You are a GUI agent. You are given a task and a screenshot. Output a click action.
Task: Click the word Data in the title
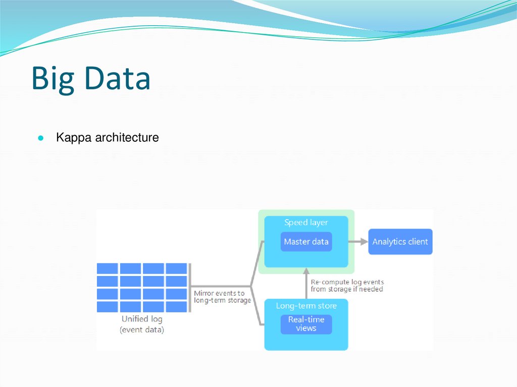[118, 78]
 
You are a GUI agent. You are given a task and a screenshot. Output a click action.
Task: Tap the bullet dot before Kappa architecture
[41, 138]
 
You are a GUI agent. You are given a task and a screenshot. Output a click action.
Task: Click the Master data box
[306, 242]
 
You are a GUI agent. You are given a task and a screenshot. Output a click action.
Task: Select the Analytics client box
[400, 242]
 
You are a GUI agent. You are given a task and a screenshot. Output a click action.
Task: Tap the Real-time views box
[306, 324]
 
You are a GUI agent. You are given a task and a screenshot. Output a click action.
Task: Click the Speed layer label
[306, 223]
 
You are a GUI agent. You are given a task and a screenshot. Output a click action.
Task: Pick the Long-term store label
[306, 306]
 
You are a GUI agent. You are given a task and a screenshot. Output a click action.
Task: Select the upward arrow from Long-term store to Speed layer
[306, 284]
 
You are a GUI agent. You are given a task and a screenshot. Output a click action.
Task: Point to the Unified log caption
[142, 319]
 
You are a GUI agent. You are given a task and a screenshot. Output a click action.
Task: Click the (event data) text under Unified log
[142, 330]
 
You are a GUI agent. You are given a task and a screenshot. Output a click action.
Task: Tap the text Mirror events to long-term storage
[222, 297]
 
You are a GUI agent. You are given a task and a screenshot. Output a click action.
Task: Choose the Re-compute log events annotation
[347, 286]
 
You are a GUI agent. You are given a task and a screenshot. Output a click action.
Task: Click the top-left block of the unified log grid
[107, 268]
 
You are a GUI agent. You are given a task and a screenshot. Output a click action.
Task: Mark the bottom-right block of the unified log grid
[176, 306]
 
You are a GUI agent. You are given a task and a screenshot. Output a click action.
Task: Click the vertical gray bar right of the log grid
[190, 288]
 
